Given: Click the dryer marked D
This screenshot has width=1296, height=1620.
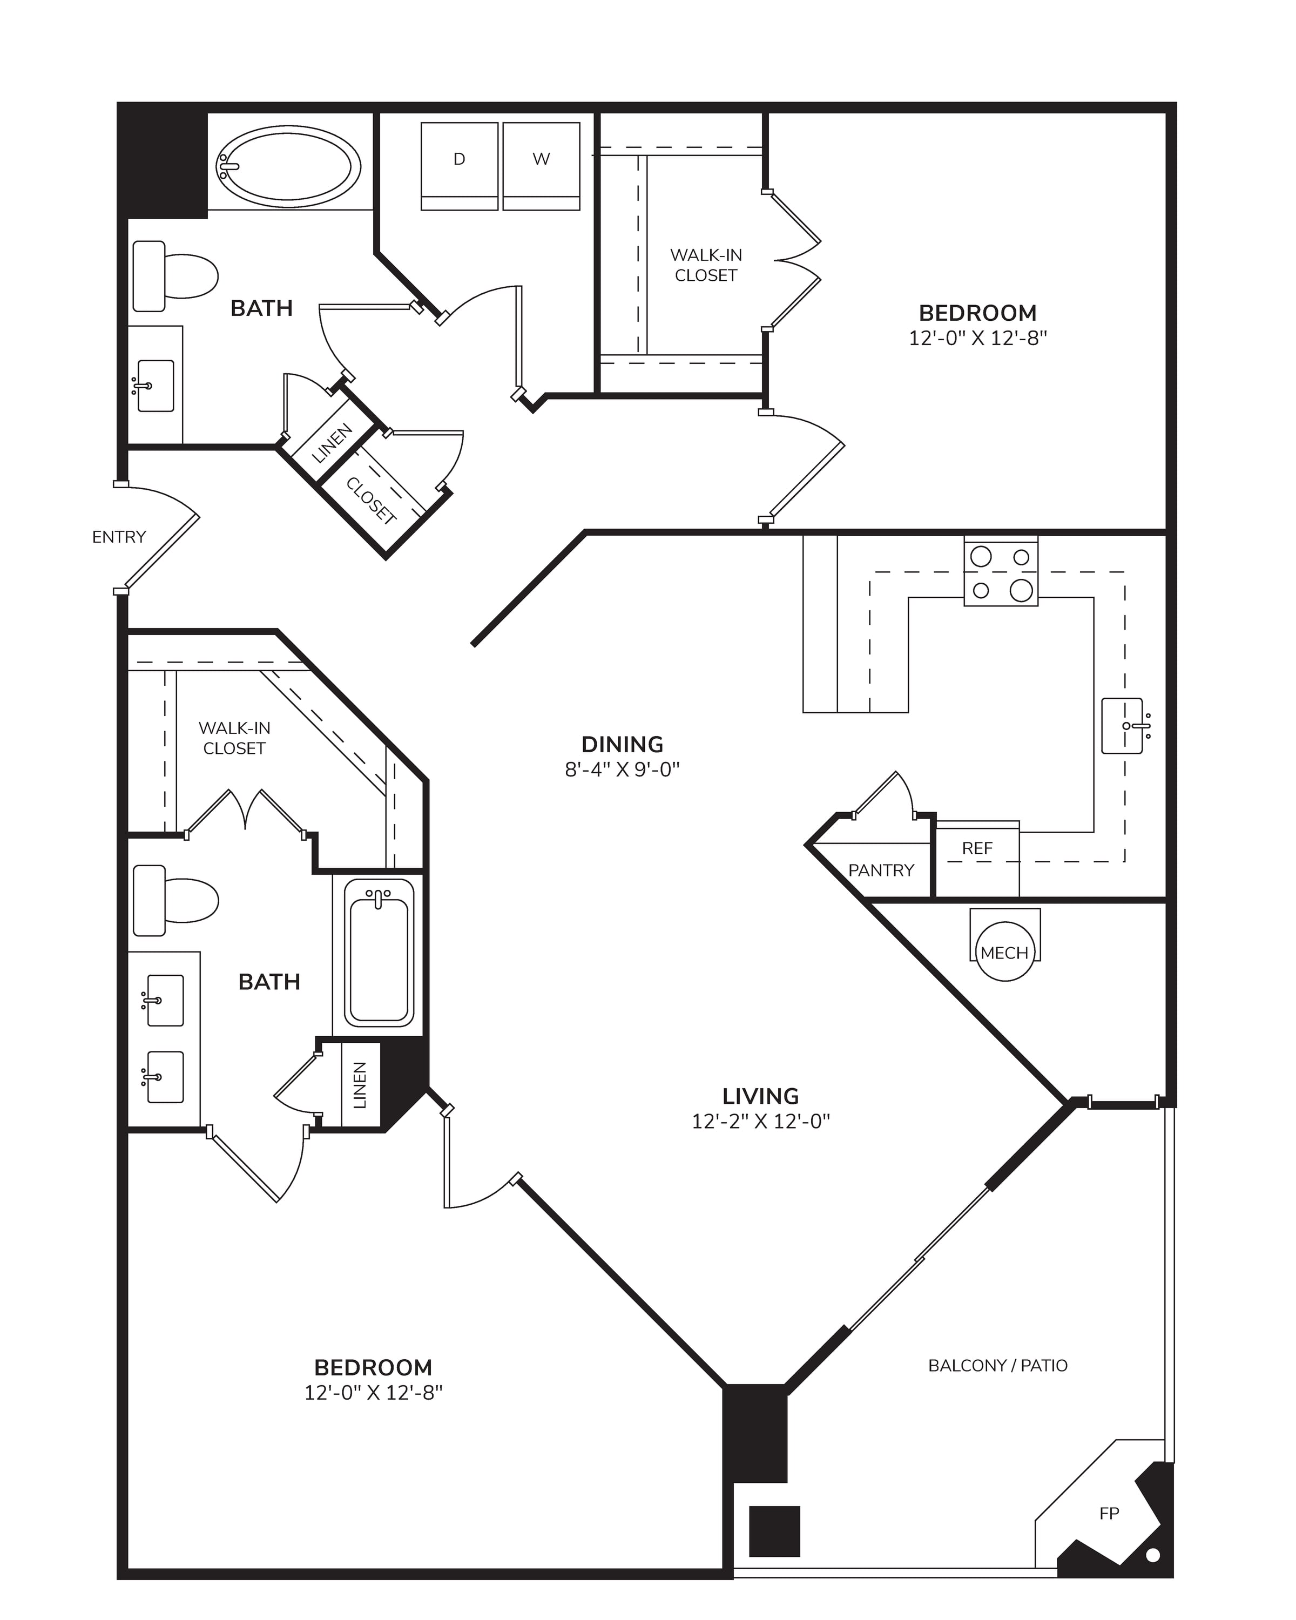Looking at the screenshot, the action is tap(459, 166).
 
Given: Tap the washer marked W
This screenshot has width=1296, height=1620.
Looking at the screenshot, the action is tap(541, 166).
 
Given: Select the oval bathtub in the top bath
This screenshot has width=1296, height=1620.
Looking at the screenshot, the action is tap(288, 166).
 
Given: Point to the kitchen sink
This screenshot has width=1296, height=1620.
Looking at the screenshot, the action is tap(1125, 726).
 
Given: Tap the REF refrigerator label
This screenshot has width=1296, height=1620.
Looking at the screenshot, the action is tap(977, 848).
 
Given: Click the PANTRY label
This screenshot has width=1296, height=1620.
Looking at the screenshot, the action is tap(881, 870).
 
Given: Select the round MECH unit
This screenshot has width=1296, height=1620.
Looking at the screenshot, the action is tap(1004, 952).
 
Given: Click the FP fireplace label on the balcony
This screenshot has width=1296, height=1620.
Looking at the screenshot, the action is tap(1109, 1514).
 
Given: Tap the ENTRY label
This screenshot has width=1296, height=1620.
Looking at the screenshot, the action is tap(119, 537).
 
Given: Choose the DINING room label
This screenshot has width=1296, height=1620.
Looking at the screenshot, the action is tap(622, 744).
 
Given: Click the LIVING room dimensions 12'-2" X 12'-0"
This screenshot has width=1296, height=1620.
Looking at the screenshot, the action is tap(760, 1121).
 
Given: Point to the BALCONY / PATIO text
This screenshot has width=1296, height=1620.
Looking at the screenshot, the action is tap(998, 1365).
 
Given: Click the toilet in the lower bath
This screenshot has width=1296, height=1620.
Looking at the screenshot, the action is tap(175, 900).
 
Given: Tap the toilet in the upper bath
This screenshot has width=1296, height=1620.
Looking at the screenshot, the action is tap(175, 276).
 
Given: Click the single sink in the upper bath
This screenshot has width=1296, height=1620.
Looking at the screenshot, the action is tap(156, 386).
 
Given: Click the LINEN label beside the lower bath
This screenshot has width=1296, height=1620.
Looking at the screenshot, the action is tap(360, 1085).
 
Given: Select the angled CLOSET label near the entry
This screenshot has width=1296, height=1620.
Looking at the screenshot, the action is tap(371, 501).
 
